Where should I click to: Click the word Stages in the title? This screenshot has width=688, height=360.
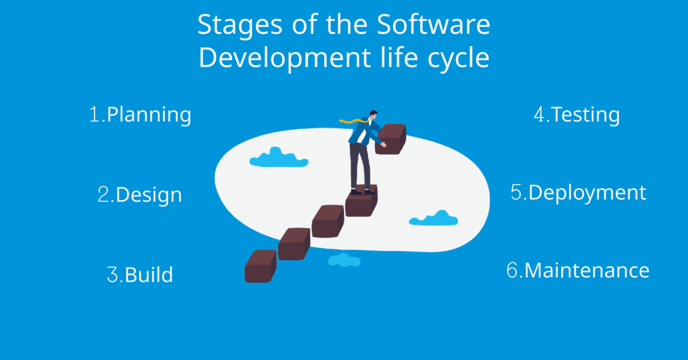click(240, 25)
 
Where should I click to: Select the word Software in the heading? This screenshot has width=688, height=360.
click(433, 25)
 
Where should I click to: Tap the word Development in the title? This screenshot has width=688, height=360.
click(284, 58)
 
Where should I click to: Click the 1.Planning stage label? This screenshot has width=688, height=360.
click(140, 115)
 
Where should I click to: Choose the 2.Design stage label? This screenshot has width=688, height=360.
click(140, 195)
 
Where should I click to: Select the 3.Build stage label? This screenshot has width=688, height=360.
click(140, 274)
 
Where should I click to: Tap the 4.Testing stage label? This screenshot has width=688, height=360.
click(576, 115)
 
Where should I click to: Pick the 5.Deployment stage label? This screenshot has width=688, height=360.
click(578, 193)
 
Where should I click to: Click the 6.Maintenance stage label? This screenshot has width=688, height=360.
click(578, 270)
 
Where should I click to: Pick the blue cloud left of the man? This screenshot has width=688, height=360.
click(279, 158)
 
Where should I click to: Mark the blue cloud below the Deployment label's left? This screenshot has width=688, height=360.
click(434, 218)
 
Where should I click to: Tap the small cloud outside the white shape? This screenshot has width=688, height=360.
click(344, 260)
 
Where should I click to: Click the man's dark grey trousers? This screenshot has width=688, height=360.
click(360, 163)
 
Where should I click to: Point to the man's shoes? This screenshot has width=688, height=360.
click(362, 191)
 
